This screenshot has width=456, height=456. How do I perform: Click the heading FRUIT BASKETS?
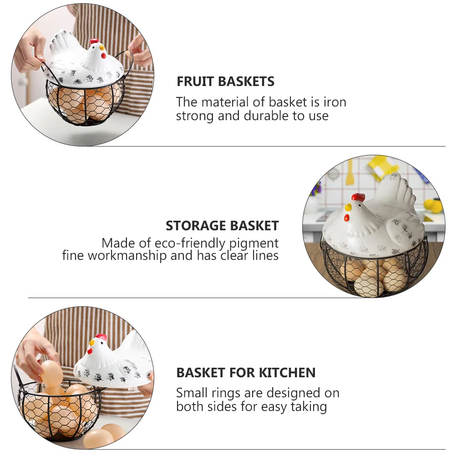pyautogui.click(x=225, y=82)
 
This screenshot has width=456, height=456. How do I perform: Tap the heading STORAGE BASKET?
pyautogui.click(x=222, y=226)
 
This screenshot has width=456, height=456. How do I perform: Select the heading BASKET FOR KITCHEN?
pyautogui.click(x=246, y=373)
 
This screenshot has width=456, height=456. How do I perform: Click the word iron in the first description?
pyautogui.click(x=335, y=102)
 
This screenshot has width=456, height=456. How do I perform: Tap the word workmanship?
pyautogui.click(x=127, y=255)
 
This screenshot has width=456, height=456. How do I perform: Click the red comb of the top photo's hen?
pyautogui.click(x=95, y=41)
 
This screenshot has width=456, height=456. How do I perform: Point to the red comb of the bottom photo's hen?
pyautogui.click(x=101, y=337)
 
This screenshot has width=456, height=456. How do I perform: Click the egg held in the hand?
pyautogui.click(x=51, y=371)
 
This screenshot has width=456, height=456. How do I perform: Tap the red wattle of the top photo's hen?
pyautogui.click(x=103, y=56)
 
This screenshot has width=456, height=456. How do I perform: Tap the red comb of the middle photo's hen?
pyautogui.click(x=358, y=198)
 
